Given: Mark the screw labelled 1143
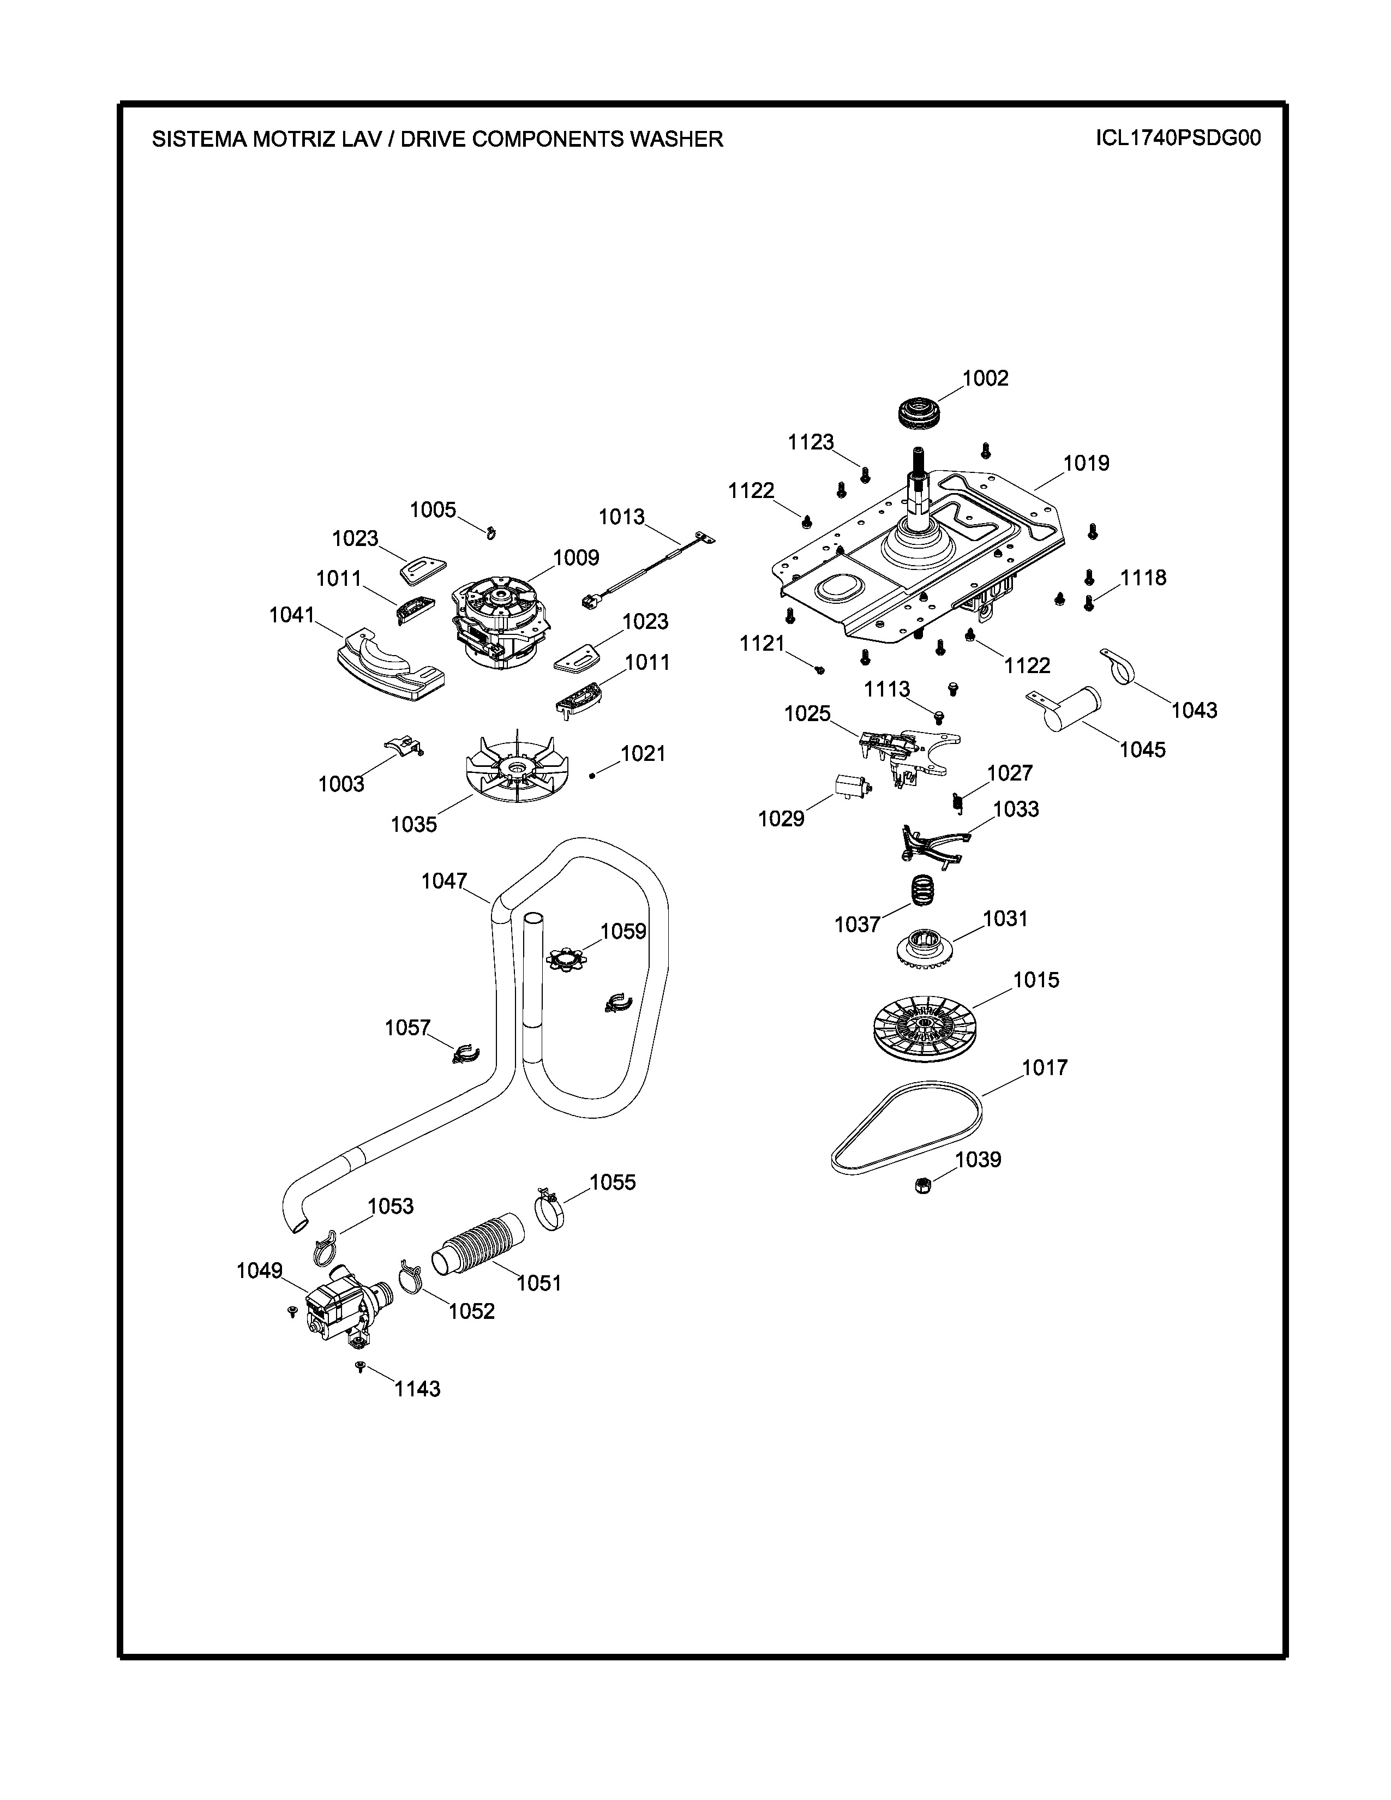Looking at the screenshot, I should [x=359, y=1367].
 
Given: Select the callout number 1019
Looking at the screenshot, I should [x=1086, y=463].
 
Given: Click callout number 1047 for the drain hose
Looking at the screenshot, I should [x=444, y=881].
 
